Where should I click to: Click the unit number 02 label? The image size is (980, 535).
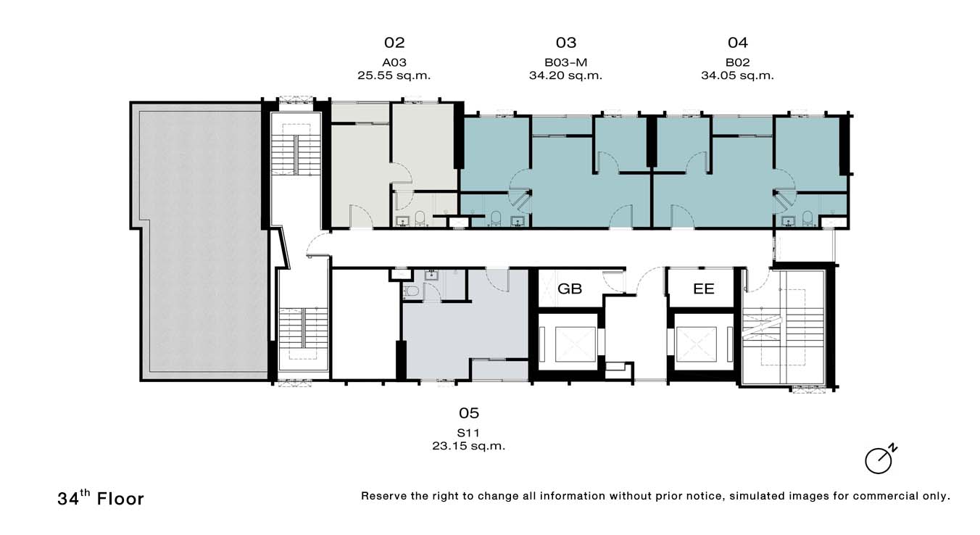[394, 43]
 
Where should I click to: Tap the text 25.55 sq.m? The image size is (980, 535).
[394, 75]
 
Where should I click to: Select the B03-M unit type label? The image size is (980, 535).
[565, 62]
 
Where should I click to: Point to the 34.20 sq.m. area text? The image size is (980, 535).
[565, 75]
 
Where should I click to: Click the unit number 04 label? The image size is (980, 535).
[738, 43]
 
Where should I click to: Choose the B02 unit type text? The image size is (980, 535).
[738, 62]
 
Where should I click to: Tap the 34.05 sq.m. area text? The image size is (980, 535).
[738, 75]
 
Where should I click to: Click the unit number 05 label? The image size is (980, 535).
[469, 413]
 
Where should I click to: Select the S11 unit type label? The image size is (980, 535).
[468, 433]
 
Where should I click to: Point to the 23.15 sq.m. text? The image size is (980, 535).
[468, 447]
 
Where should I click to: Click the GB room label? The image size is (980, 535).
[570, 289]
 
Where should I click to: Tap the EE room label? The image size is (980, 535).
[704, 289]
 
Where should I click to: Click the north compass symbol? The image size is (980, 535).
[880, 460]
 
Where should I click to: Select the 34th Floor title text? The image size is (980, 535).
[101, 498]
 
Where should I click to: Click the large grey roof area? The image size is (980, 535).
[202, 241]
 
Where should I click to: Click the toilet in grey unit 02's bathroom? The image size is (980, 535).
[420, 218]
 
